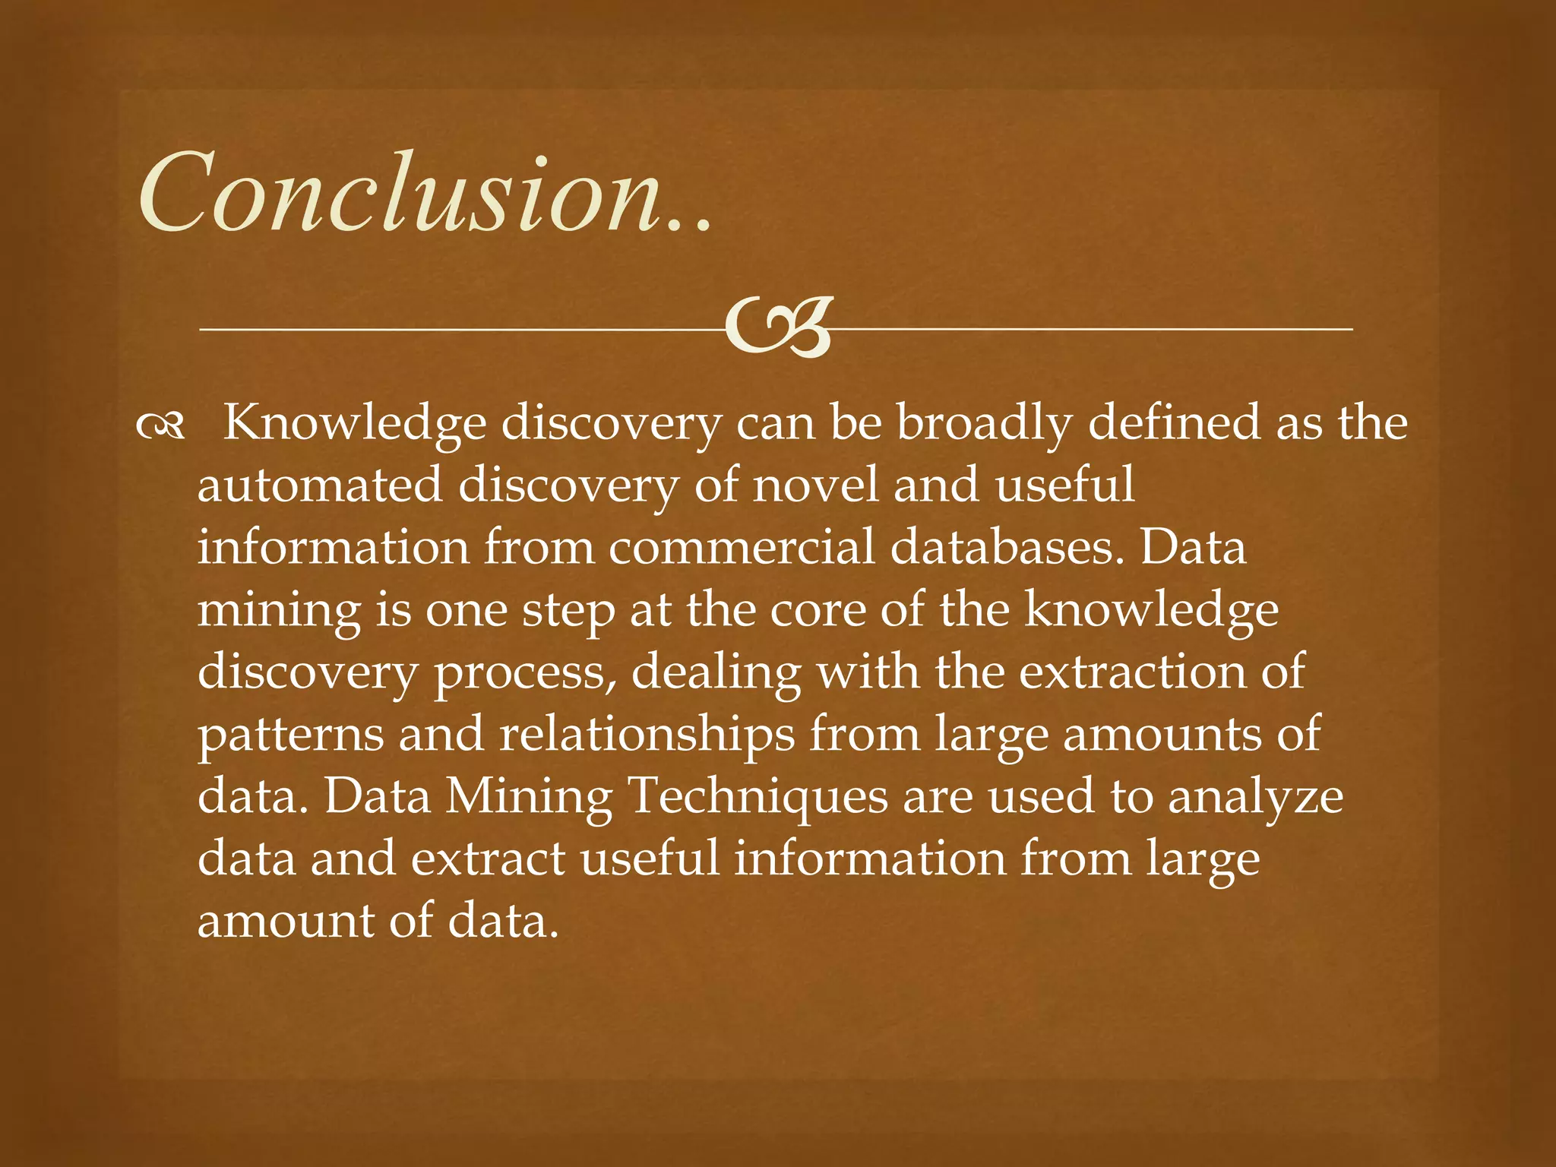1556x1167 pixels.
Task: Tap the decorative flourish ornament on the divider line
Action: (776, 328)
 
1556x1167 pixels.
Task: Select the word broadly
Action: (984, 424)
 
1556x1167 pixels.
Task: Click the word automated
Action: (319, 485)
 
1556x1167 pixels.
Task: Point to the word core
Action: (818, 609)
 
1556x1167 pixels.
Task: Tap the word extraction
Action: (1131, 672)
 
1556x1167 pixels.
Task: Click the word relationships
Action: (647, 735)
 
